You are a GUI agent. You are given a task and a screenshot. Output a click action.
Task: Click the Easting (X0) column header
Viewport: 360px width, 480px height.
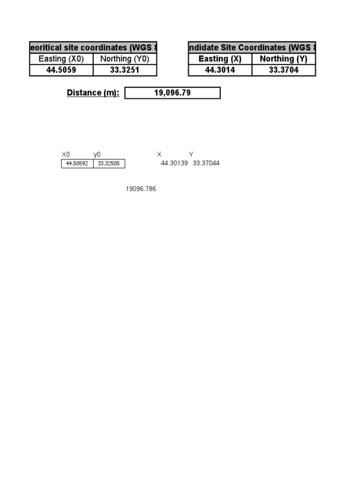click(61, 59)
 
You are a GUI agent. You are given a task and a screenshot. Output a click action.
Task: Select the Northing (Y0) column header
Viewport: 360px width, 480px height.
click(125, 59)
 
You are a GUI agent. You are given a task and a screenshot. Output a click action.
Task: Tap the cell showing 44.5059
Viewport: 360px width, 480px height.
click(61, 70)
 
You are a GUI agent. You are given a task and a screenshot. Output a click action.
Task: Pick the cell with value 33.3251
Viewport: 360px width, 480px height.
click(125, 70)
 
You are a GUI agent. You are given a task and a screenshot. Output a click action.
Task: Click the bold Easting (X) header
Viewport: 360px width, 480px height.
click(220, 59)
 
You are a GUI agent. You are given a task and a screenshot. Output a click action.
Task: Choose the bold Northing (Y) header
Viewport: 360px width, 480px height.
click(284, 59)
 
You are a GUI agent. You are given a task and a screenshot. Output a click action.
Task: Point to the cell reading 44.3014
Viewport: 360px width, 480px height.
click(220, 70)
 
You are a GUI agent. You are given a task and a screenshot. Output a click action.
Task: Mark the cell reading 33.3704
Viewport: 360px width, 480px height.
click(284, 70)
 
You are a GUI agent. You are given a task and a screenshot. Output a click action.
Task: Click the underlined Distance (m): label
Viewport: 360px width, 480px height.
click(93, 93)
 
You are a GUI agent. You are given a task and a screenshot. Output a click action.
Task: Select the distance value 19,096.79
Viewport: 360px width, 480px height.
click(172, 93)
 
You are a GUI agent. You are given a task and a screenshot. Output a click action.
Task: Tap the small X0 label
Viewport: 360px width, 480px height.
click(66, 154)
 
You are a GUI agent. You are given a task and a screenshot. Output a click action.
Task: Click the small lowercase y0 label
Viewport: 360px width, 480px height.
click(97, 154)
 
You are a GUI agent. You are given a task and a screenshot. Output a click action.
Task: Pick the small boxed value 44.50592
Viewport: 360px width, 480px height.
click(77, 164)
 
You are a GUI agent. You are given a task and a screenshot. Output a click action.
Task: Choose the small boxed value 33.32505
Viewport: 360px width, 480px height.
click(109, 164)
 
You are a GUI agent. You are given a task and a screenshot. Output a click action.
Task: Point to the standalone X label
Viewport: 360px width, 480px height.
click(159, 154)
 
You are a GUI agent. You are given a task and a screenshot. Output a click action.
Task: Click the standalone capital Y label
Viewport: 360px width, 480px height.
click(191, 154)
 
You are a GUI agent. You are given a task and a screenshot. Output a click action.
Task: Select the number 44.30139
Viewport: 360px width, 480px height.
click(174, 163)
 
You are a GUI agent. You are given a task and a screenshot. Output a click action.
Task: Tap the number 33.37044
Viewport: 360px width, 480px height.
click(206, 163)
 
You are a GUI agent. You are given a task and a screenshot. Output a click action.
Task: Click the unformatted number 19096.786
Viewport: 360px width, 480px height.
click(141, 189)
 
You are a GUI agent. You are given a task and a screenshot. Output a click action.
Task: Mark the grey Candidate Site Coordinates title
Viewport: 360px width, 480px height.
click(252, 47)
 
